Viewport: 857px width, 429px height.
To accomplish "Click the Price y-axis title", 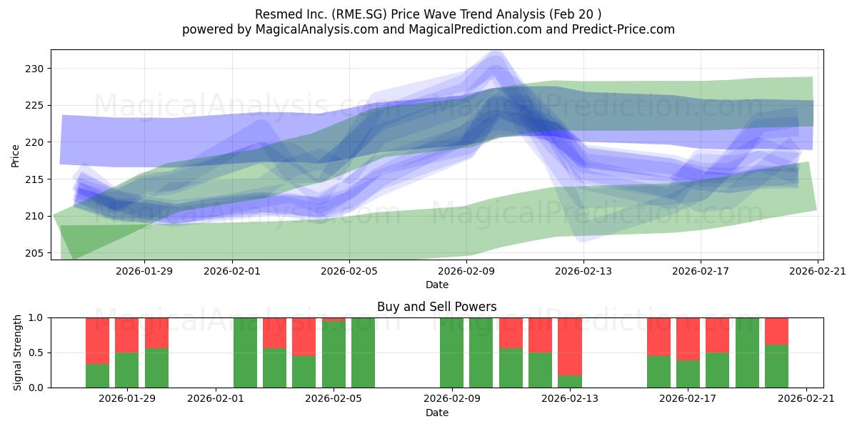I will [x=15, y=154].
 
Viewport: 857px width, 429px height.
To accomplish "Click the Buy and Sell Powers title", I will [x=436, y=307].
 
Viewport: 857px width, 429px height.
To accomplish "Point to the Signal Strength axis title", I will [x=18, y=352].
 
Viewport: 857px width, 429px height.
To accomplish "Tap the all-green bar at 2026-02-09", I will [x=451, y=352].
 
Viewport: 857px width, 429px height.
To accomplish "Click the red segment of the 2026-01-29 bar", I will [x=126, y=335].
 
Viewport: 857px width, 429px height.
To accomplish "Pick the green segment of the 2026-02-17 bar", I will [x=688, y=374].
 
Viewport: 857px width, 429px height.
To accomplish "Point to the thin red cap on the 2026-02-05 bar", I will [x=334, y=319].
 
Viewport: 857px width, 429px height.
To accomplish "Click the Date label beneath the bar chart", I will [x=436, y=413].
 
